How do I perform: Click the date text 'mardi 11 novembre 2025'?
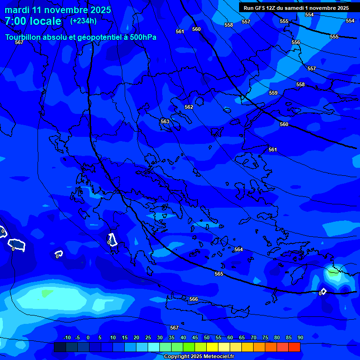coord(58,10)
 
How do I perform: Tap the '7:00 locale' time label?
coord(33,21)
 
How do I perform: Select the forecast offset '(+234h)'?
coord(83,21)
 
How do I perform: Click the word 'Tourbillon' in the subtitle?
coord(23,37)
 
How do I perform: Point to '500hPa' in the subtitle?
coord(143,37)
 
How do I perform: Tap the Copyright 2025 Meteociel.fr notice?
coord(199,356)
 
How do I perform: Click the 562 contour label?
coord(189,107)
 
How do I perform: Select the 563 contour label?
coord(165,121)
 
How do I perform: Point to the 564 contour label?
coord(239,249)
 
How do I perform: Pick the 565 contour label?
coord(219,274)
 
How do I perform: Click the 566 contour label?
coord(194,299)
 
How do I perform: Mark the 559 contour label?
coord(273,93)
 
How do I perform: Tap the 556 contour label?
coord(296,42)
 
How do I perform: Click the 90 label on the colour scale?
coord(300,337)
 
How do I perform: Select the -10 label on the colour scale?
coord(67,337)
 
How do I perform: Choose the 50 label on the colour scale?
coord(207,337)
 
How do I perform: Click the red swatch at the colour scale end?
coord(294,347)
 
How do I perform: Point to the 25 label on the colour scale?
coord(148,337)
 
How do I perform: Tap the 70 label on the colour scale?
coord(254,337)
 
